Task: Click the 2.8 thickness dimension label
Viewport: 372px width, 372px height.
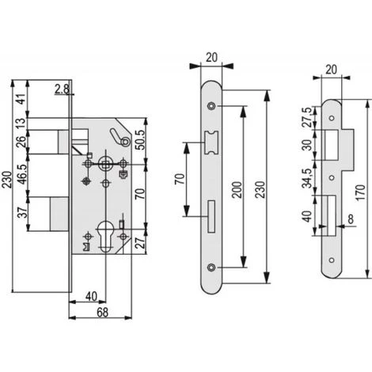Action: [63, 89]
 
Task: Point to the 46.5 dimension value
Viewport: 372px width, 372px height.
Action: [22, 174]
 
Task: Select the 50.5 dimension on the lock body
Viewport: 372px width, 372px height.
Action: [141, 140]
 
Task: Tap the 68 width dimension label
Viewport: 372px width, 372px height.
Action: [102, 313]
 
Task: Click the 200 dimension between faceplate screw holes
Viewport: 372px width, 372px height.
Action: [237, 190]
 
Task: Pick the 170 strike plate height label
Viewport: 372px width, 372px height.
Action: [361, 193]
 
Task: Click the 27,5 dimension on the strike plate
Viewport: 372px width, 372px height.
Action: [307, 118]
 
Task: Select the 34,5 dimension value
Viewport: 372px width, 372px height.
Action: [307, 178]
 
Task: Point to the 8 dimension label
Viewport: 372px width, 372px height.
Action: [351, 218]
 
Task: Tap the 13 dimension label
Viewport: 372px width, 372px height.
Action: [22, 121]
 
